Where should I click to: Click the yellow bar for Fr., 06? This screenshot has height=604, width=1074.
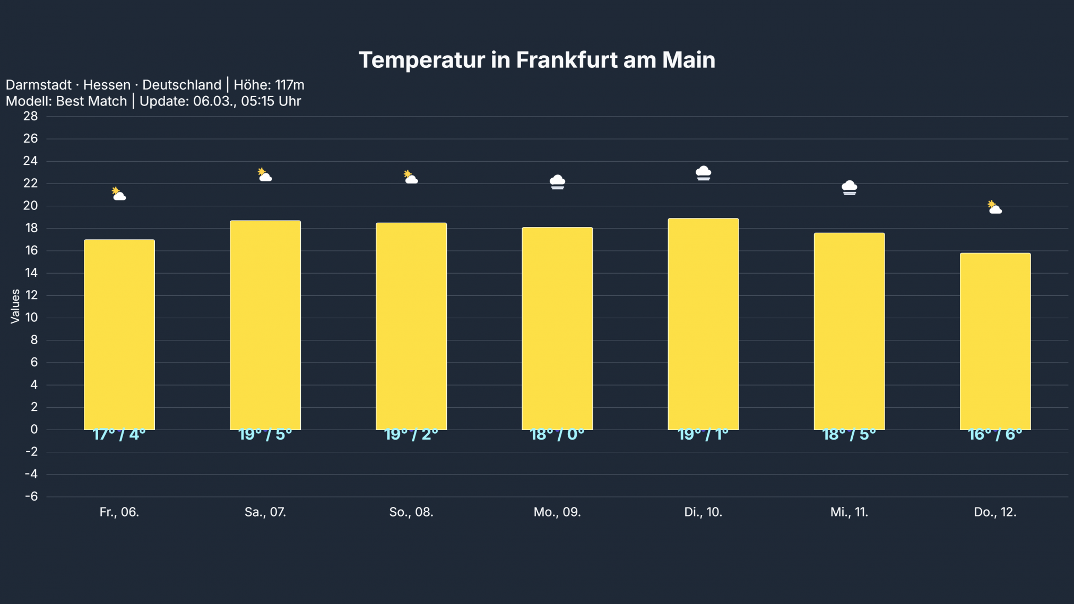point(119,334)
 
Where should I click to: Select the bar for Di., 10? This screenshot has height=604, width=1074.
point(703,323)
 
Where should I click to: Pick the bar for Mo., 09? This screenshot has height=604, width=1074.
point(557,328)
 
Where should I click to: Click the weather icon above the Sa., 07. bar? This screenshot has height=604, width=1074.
point(265,175)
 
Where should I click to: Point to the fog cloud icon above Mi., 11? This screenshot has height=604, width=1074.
point(849,187)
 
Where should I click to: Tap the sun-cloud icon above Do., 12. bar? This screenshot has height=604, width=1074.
point(994,207)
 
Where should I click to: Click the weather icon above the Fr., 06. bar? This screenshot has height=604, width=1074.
point(119,194)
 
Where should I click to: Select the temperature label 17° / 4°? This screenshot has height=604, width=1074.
point(119,435)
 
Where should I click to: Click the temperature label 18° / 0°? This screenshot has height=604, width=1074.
point(557,435)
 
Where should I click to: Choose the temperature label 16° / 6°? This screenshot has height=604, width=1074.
point(995,435)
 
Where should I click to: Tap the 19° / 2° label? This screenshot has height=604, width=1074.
point(411,435)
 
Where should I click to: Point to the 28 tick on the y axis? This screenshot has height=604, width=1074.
point(31,116)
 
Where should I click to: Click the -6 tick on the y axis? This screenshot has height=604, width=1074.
point(31,496)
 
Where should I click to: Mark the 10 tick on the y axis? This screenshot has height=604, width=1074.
point(31,318)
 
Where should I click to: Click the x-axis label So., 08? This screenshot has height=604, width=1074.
point(411,512)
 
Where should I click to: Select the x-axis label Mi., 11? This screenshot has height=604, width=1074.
point(849,512)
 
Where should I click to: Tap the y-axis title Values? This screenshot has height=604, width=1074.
point(15,306)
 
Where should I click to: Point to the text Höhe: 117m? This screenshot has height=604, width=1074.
point(269,85)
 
